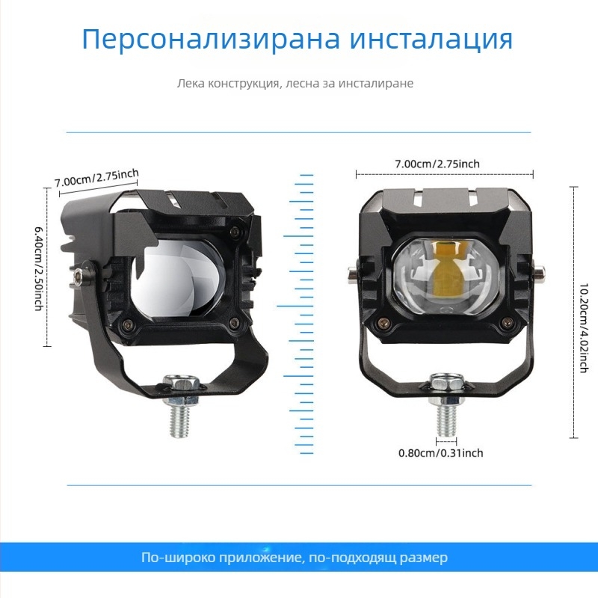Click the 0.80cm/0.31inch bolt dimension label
click(440, 453)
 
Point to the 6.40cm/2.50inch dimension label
click(38, 267)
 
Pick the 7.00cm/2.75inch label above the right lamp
click(437, 164)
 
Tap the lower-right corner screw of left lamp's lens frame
click(235, 323)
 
